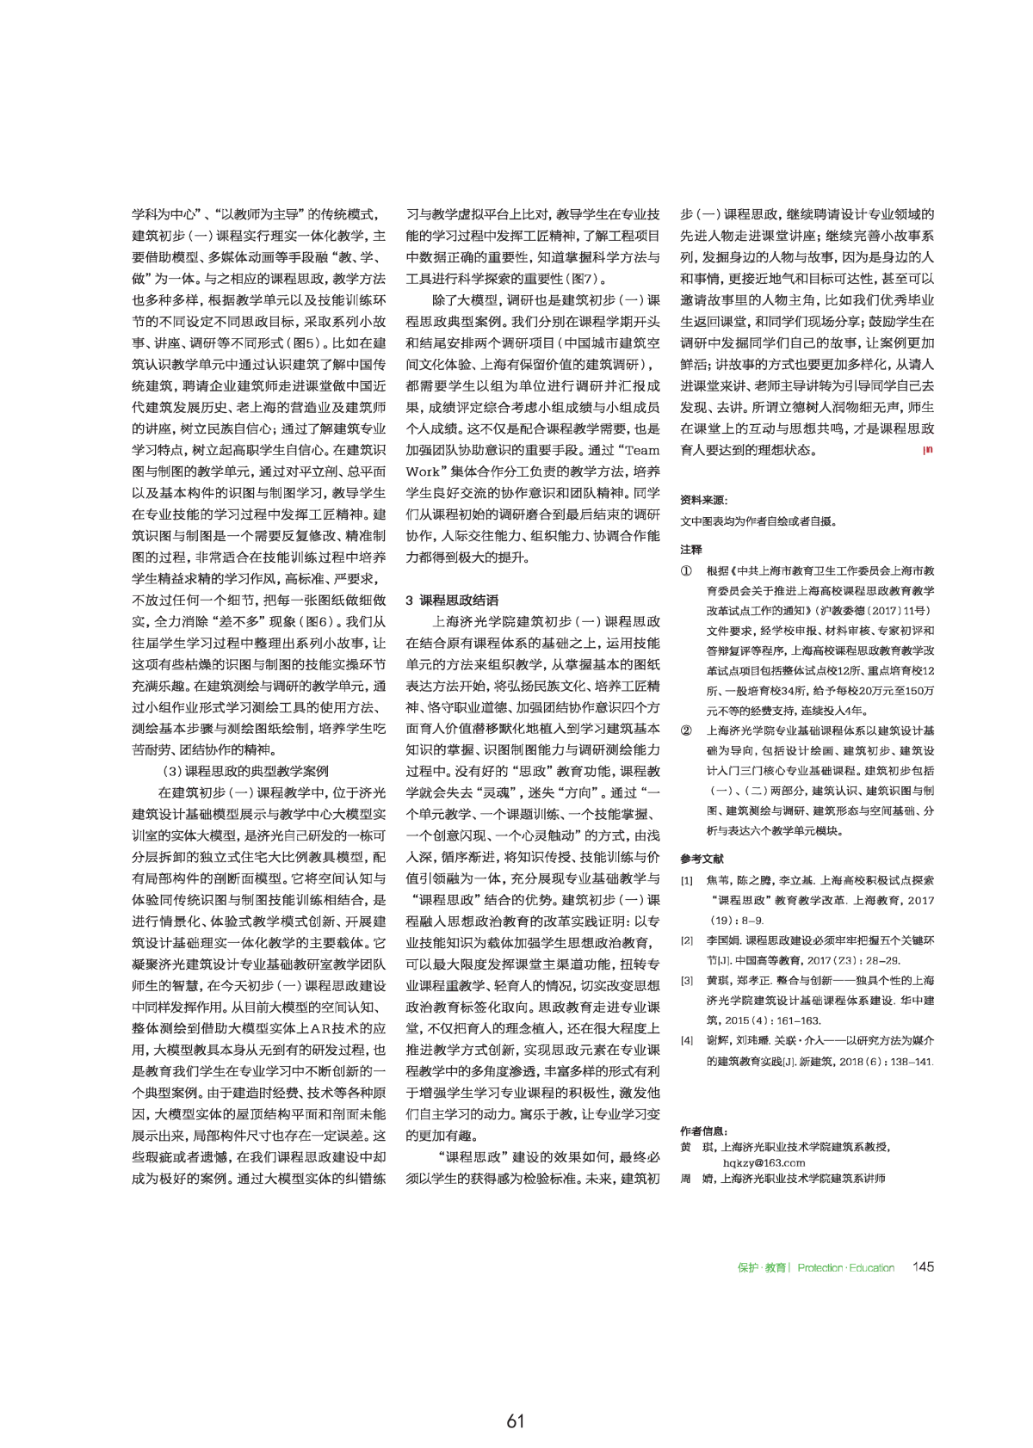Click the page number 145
923,1267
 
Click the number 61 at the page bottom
516,1421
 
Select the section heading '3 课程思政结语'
451,600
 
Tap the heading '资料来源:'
703,500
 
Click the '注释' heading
691,549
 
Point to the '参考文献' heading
702,859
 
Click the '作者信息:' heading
703,1131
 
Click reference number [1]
686,880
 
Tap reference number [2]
686,940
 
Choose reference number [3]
686,981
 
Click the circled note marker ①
686,570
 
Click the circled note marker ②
686,730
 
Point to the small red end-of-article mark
927,449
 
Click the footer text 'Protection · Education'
845,1268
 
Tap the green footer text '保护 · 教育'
762,1268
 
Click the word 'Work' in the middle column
423,471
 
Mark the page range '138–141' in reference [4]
912,1062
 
